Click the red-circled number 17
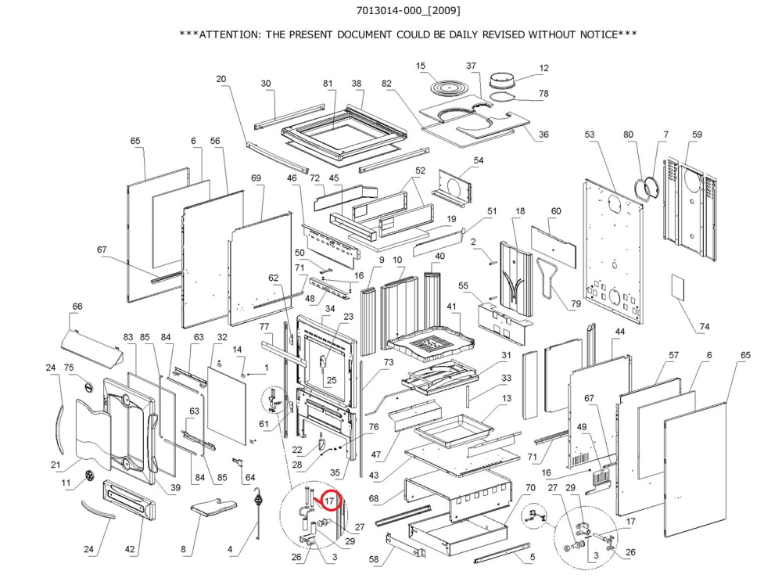point(330,499)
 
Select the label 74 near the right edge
point(705,327)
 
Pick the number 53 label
point(589,135)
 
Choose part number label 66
point(77,307)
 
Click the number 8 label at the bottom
point(184,550)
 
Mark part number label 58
point(373,560)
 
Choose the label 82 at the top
point(386,84)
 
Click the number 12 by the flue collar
point(544,69)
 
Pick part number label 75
point(69,368)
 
